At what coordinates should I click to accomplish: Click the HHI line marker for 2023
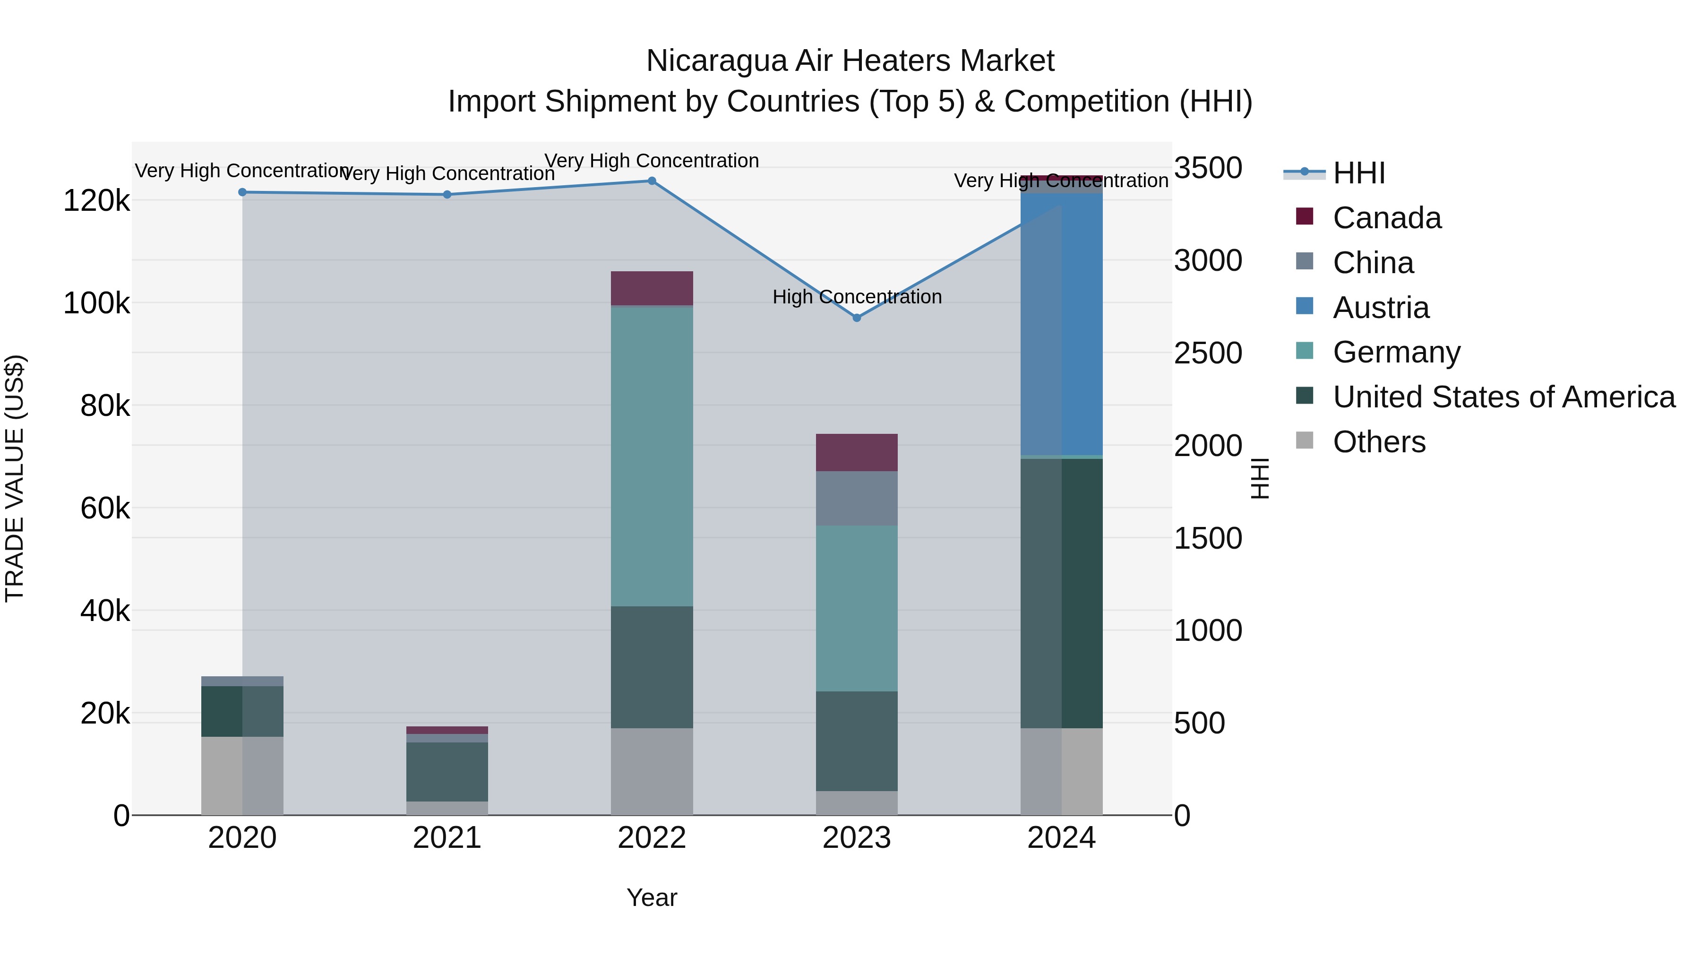[857, 318]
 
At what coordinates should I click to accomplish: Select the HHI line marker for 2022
[652, 181]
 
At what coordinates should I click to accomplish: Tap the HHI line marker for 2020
[242, 192]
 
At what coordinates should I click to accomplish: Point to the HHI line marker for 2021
[447, 195]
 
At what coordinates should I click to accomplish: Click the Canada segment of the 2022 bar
[652, 288]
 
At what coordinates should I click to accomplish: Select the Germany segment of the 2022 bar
[652, 456]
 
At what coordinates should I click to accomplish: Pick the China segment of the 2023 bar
[857, 498]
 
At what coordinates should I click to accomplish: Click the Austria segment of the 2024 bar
[1062, 324]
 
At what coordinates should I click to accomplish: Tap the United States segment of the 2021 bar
[447, 771]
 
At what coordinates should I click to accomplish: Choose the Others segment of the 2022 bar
[652, 771]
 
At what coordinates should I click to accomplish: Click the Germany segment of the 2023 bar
[857, 608]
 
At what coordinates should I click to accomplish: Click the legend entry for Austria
[1380, 308]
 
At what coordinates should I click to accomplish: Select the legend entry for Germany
[1396, 352]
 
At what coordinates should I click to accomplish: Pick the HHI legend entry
[1358, 173]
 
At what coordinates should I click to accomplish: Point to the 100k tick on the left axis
[96, 304]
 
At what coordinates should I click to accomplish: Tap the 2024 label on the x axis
[1061, 838]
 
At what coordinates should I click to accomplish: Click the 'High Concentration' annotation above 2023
[857, 297]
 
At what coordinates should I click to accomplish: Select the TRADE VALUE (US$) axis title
[15, 478]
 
